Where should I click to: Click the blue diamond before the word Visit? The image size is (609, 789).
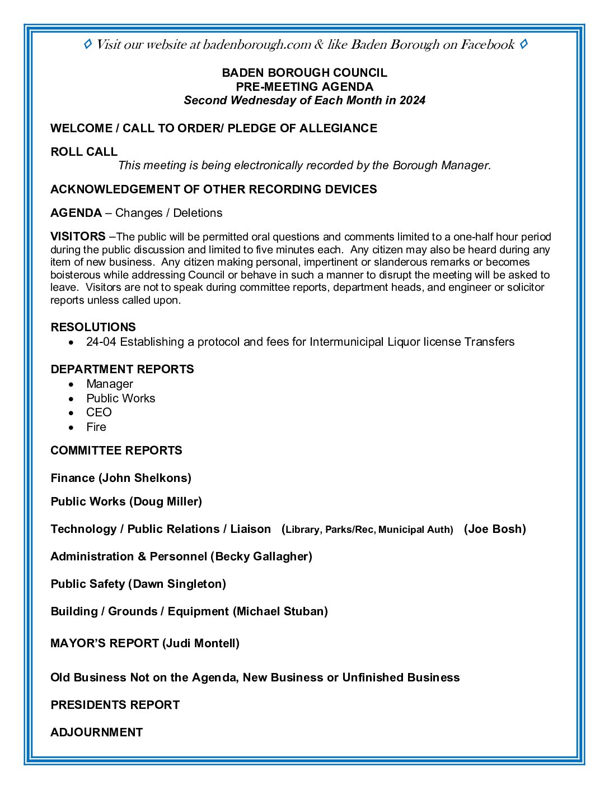(87, 44)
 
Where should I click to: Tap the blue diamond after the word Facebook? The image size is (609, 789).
(523, 44)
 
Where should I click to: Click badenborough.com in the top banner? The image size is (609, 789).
(257, 45)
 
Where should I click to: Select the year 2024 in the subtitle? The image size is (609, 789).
(413, 100)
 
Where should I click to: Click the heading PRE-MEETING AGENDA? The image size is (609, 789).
(304, 87)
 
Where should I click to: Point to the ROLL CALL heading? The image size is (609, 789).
(84, 152)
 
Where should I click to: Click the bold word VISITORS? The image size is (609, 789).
(78, 236)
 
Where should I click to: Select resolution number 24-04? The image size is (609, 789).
(101, 342)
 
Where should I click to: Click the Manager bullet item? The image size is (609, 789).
(110, 384)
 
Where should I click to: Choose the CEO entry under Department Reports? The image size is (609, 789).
(99, 412)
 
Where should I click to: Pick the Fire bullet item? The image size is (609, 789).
(96, 427)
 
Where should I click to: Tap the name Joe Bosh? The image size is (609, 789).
(495, 529)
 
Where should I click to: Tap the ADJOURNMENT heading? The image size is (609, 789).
(97, 732)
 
